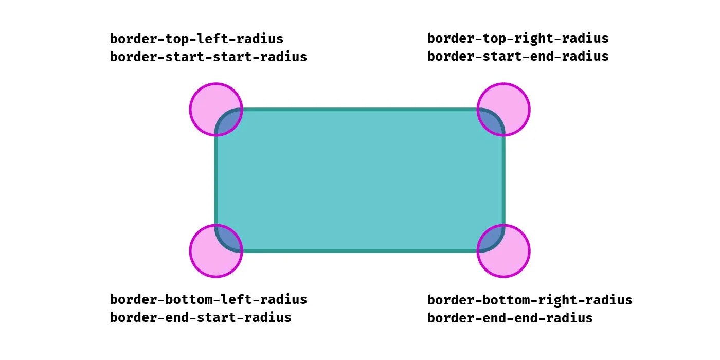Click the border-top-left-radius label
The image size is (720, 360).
196,39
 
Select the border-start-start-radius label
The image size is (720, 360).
208,57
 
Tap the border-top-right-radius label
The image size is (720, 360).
518,39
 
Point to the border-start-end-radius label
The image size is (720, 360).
518,56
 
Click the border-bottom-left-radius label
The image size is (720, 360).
208,299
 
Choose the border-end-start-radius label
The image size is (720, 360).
201,317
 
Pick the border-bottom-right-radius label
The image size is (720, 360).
530,300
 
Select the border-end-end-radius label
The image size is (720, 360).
510,318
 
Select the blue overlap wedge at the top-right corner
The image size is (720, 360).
491,121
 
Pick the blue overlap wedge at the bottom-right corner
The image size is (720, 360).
491,239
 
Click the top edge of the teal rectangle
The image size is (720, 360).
360,110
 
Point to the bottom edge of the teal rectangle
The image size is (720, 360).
360,251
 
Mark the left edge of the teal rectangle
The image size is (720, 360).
217,180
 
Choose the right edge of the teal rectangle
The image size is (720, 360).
503,180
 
